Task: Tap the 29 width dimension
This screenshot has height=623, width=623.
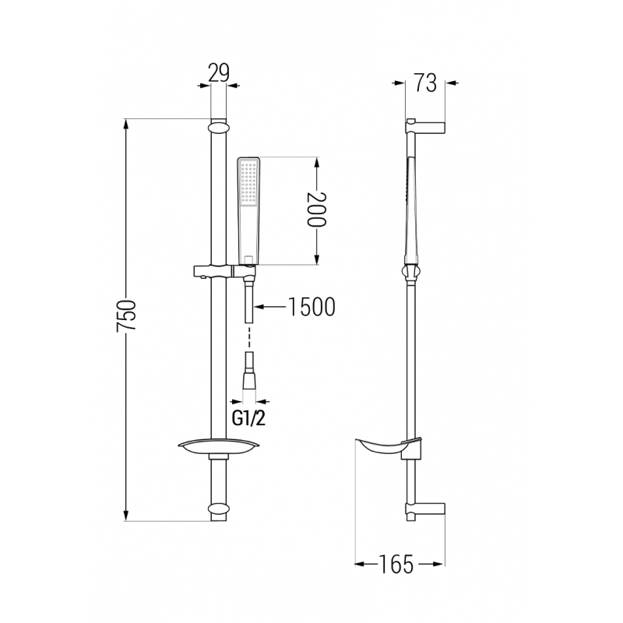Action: click(x=219, y=74)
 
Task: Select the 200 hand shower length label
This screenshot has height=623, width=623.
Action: click(x=314, y=210)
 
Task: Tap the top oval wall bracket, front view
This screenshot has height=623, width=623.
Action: click(x=219, y=125)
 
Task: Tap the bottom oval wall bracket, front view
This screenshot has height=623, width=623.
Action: click(x=219, y=511)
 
